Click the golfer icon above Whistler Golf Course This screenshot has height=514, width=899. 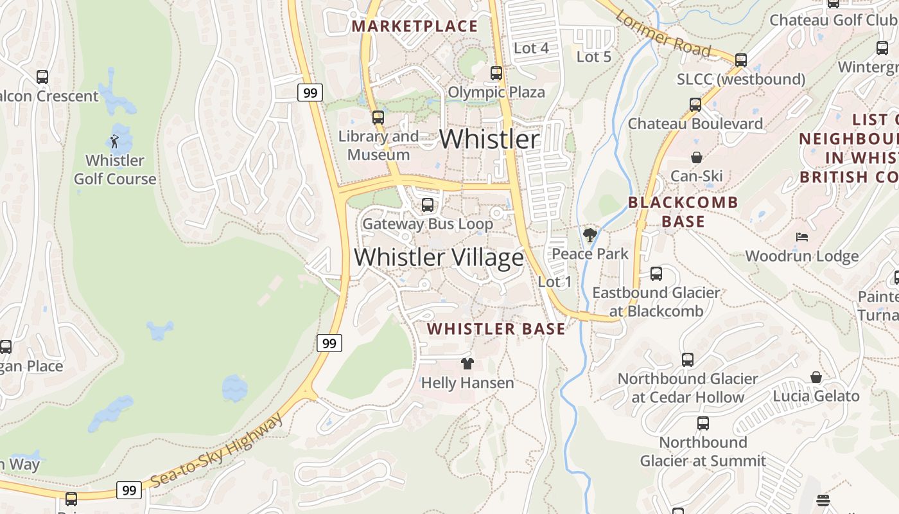pos(114,141)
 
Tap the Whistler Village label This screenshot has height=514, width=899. pos(439,258)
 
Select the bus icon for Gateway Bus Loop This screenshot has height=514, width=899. pos(427,206)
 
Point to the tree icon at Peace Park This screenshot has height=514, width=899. pos(590,235)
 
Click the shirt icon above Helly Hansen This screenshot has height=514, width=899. pos(467,364)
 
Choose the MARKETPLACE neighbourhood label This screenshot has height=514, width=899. pos(415,26)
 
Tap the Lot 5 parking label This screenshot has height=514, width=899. pos(594,57)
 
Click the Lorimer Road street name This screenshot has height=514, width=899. pos(663,34)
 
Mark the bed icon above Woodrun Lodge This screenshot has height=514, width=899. pos(801,237)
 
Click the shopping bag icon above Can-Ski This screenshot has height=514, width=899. pos(696,157)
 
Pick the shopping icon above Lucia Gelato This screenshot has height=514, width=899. pos(816,377)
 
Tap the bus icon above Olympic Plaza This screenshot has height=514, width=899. pos(496,73)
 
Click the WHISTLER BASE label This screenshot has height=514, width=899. pos(496,329)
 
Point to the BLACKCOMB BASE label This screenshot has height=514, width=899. pos(683,212)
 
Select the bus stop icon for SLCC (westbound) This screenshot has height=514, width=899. pos(741,60)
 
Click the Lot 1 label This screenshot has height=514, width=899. pos(555,281)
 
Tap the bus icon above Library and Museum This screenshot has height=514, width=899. pos(378,118)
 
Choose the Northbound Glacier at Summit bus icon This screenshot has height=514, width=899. pos(703,423)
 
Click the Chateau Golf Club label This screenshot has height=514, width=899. pos(833,20)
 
